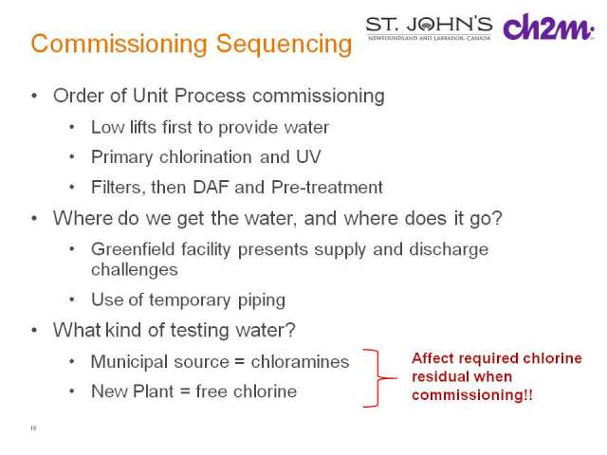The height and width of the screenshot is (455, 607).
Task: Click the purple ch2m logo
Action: click(548, 27)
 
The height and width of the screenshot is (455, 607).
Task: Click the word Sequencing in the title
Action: click(285, 44)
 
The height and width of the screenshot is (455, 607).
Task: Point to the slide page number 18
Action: click(33, 428)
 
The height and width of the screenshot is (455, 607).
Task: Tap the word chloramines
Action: click(300, 362)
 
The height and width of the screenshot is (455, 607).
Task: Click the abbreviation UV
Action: click(308, 156)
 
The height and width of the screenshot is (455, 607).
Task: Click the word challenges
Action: click(135, 269)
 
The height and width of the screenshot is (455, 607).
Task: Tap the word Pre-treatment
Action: click(327, 188)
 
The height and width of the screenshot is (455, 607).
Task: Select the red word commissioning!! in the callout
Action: click(472, 395)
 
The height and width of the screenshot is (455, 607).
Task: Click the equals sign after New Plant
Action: click(185, 391)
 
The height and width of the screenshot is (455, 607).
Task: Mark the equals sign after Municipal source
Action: click(240, 362)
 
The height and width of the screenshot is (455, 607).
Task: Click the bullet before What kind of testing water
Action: click(34, 330)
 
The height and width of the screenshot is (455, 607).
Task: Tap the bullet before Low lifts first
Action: click(72, 127)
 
